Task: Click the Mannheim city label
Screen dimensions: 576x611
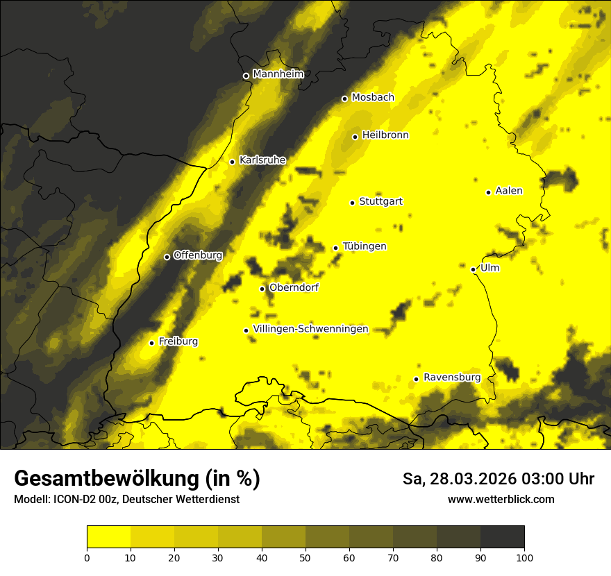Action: coord(278,74)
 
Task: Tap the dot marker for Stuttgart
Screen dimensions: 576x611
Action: coord(353,203)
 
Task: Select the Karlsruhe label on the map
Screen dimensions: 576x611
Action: coord(262,160)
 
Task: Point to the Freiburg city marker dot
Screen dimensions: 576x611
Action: coord(151,343)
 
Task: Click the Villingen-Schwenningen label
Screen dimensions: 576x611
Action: coord(311,329)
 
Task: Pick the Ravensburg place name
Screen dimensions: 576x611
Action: coord(452,378)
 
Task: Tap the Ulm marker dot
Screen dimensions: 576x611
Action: coord(474,269)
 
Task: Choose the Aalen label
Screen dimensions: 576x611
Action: coord(509,191)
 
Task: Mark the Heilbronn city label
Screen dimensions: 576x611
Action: coord(385,135)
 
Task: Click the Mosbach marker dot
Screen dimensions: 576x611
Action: coord(344,99)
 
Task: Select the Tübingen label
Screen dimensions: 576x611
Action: coord(365,246)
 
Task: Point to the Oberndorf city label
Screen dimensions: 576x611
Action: coord(294,287)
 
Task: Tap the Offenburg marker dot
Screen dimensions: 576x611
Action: coord(167,257)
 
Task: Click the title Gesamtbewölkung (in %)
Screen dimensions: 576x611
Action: coord(137,478)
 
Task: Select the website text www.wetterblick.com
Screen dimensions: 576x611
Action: coord(501,499)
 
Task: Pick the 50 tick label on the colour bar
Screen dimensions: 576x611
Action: coord(305,557)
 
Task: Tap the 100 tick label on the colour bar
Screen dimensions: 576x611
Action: coord(524,557)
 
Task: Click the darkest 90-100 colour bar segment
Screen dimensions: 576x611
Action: coord(502,536)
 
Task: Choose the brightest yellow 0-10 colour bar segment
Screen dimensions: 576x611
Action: coord(109,536)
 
